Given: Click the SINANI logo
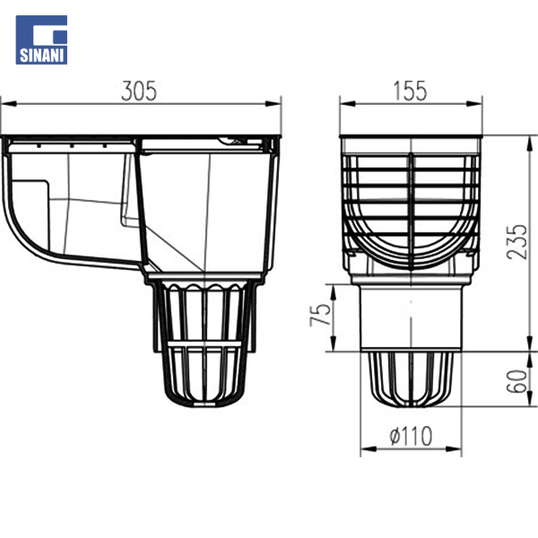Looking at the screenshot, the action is pyautogui.click(x=41, y=39).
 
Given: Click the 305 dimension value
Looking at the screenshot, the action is pyautogui.click(x=139, y=91).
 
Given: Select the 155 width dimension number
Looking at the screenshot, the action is pyautogui.click(x=410, y=91).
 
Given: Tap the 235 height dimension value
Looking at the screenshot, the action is pyautogui.click(x=516, y=241).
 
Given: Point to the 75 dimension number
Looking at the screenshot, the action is pyautogui.click(x=321, y=315).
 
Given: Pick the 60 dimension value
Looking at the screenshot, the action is pyautogui.click(x=516, y=381).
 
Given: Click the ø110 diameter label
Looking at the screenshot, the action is pyautogui.click(x=411, y=436).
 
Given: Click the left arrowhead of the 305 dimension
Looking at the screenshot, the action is pyautogui.click(x=8, y=104).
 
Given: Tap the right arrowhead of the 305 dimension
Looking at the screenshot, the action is pyautogui.click(x=273, y=104).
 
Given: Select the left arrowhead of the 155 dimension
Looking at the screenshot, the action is pyautogui.click(x=348, y=104).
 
